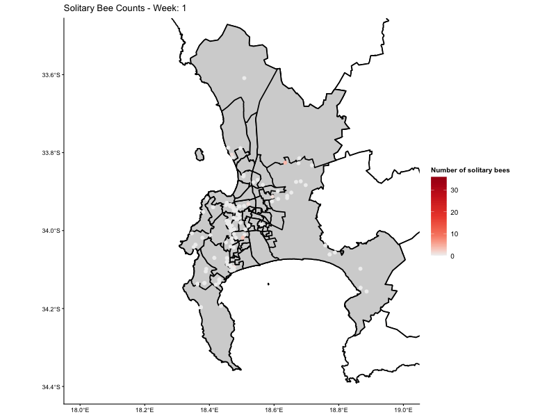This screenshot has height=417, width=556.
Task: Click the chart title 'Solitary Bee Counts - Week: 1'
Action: (x=124, y=8)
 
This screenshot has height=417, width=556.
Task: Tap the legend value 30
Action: (x=455, y=190)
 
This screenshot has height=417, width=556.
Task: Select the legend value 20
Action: (x=455, y=212)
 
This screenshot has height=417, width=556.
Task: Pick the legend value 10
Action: (x=455, y=234)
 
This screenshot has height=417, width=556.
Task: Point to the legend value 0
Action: (x=452, y=256)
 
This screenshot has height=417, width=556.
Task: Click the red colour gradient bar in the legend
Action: (x=439, y=215)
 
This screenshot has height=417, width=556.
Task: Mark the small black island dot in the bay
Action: (x=268, y=284)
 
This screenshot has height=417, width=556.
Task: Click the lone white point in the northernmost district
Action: (x=244, y=78)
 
